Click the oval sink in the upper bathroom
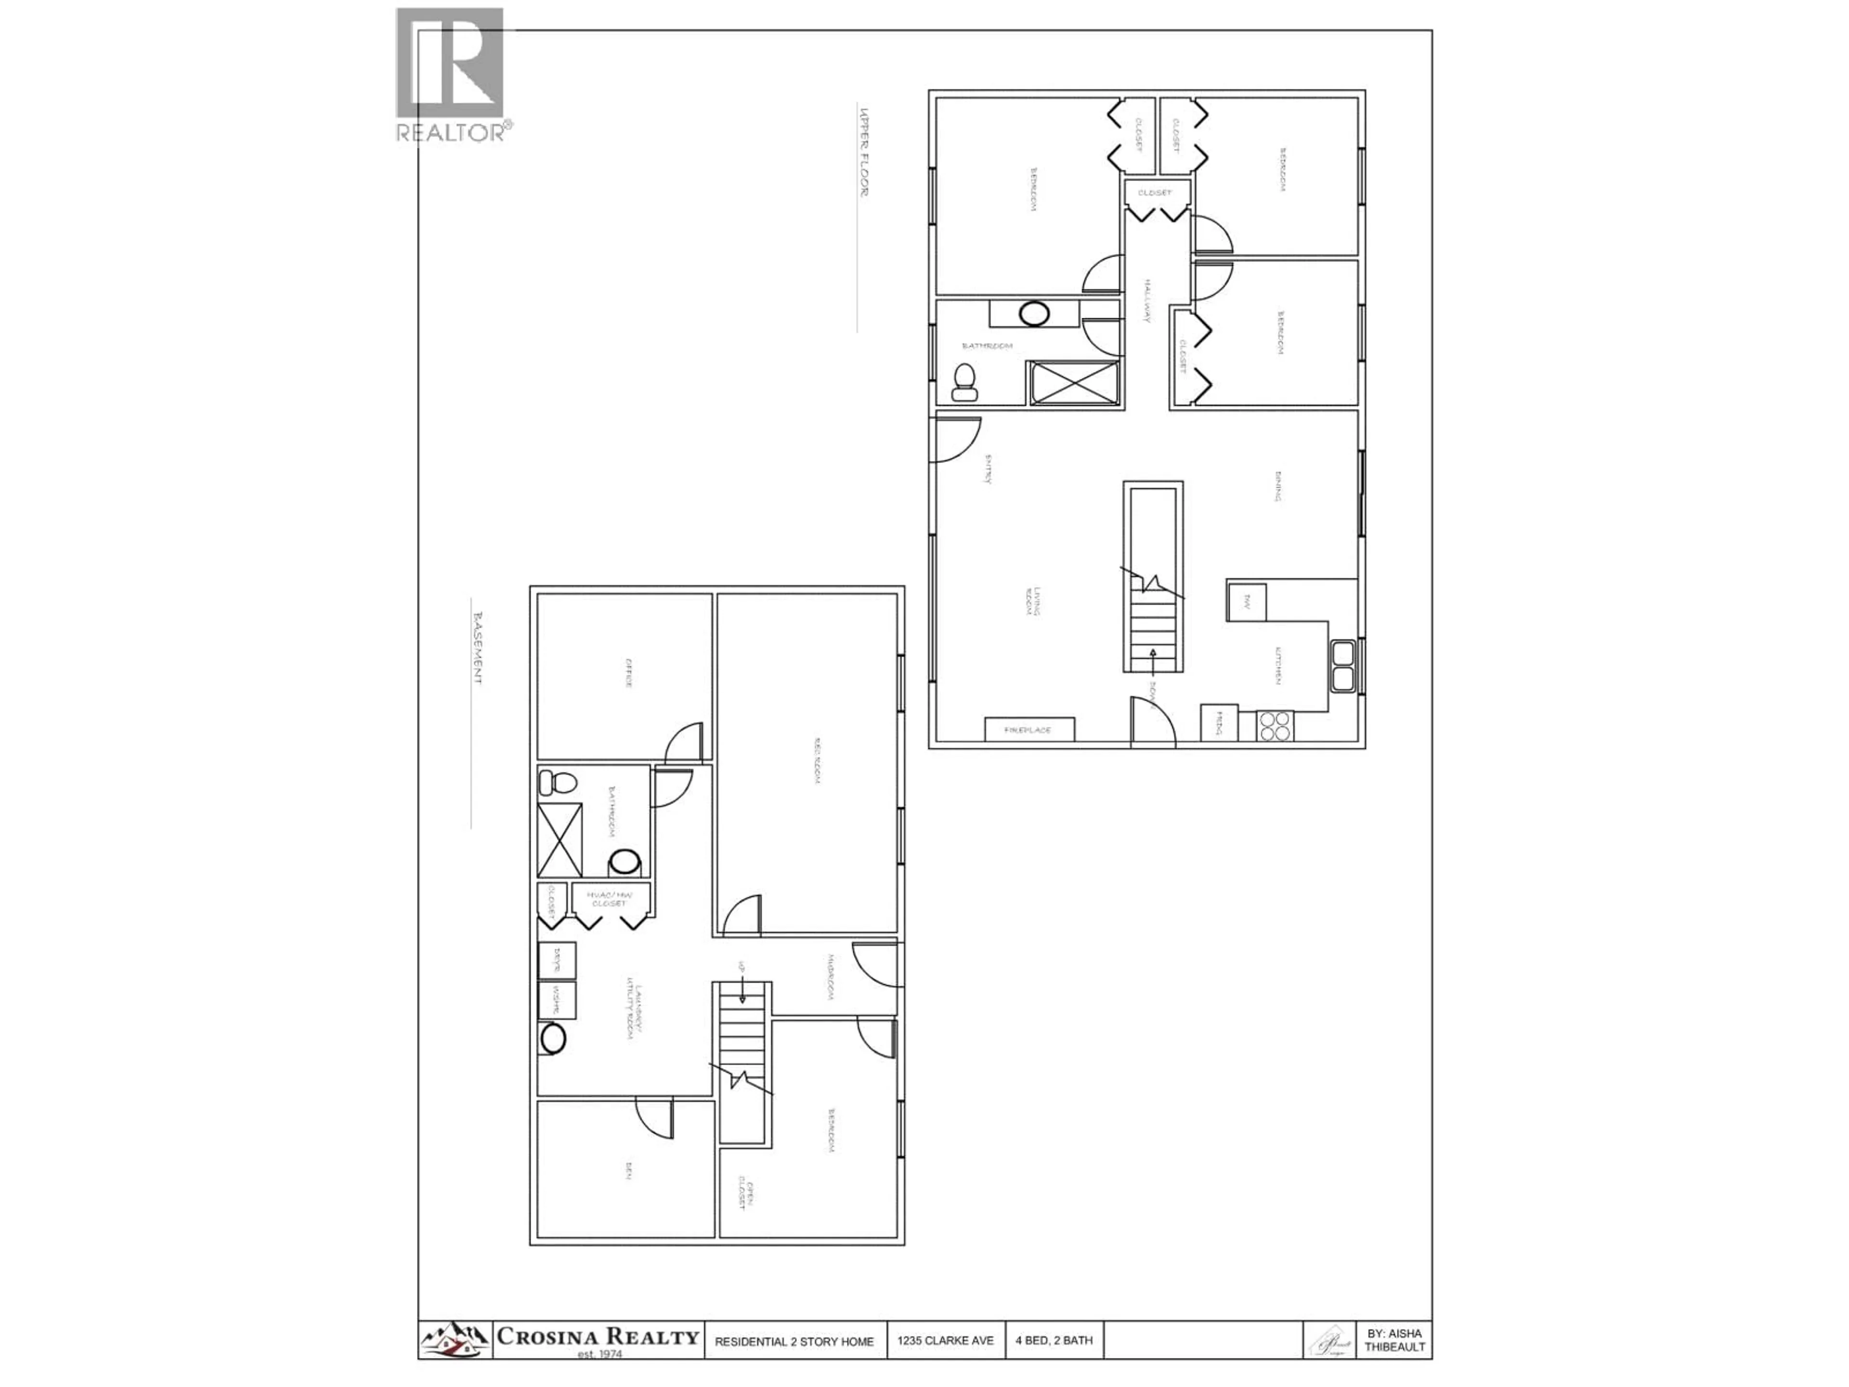[x=1035, y=314]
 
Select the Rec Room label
[x=817, y=761]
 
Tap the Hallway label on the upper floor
[x=1148, y=301]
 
